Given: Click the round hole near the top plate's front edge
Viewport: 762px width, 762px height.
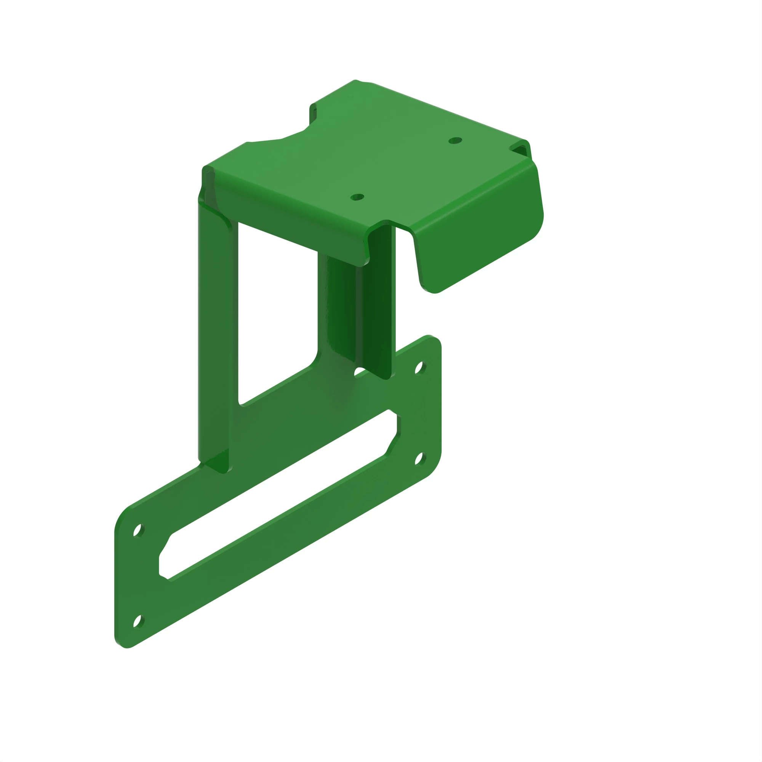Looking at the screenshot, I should (x=357, y=197).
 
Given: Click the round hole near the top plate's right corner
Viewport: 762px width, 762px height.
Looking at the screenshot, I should (x=455, y=141).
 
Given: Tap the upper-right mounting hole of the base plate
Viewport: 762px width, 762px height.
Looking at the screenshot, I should (x=419, y=368).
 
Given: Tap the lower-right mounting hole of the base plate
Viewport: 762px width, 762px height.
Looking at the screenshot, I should (x=419, y=459).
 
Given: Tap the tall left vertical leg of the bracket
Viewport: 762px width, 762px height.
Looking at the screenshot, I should (x=213, y=335).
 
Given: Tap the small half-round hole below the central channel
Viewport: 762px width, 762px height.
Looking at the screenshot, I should (x=359, y=371).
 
